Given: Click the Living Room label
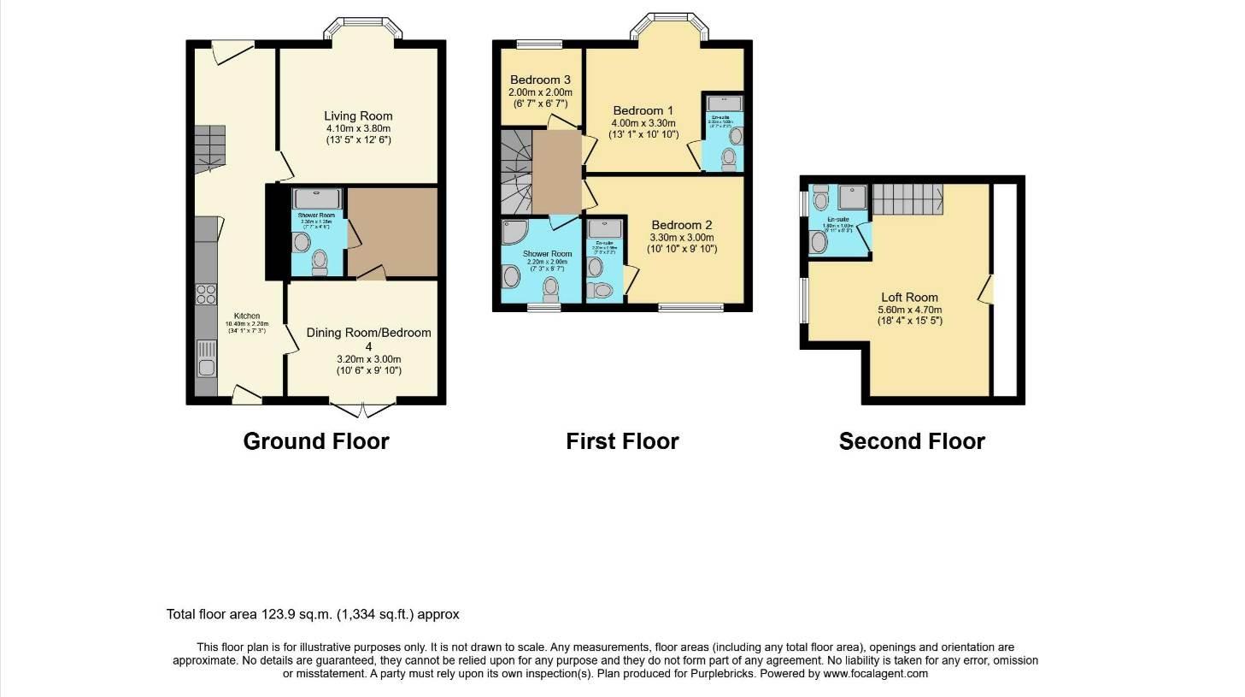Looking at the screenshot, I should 358,116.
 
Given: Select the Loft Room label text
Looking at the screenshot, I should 909,298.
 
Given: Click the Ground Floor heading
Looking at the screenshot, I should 316,441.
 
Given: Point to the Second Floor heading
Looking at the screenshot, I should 912,441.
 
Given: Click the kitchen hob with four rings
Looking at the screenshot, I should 206,295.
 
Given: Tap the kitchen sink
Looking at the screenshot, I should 206,360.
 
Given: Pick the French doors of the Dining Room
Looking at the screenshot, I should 363,410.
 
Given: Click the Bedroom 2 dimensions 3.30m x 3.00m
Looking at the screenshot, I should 681,238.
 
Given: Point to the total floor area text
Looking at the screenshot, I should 313,614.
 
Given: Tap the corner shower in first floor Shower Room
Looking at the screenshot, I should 515,233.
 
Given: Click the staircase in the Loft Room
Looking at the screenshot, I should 907,199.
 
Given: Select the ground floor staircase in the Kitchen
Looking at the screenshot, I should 209,147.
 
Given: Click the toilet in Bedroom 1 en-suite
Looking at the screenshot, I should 729,158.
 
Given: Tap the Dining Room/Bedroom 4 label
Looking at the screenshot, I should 368,339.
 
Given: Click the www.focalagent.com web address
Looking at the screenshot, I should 875,673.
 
